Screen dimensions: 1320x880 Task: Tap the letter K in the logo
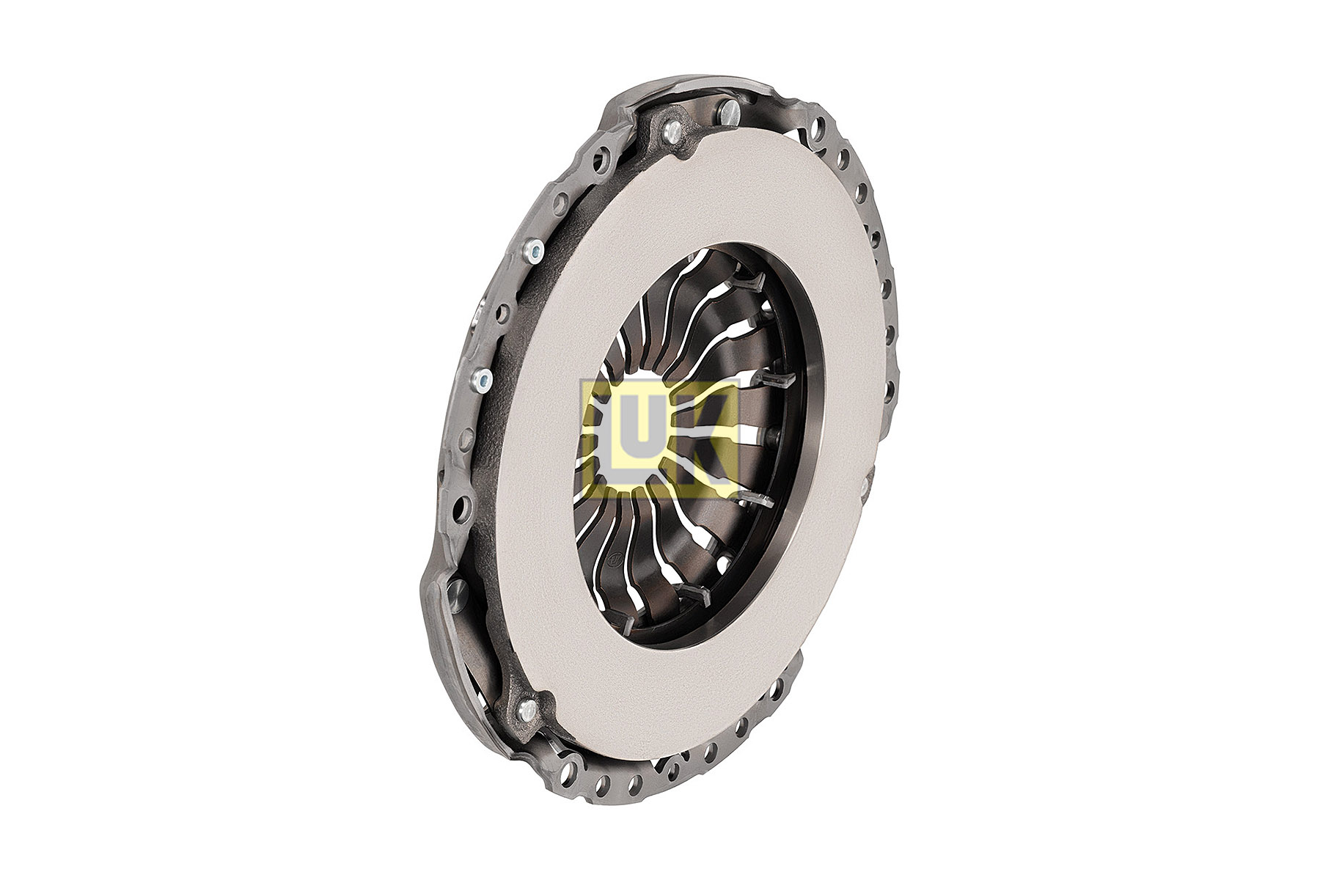click(x=705, y=436)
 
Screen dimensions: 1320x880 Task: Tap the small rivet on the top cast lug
click(x=670, y=131)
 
